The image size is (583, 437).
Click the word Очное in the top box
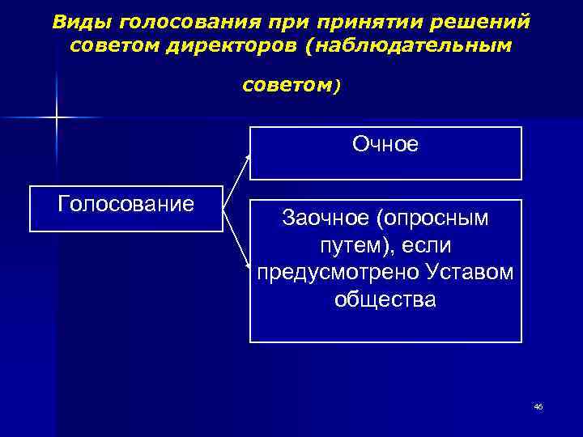click(x=385, y=144)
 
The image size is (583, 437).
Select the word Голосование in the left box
click(x=126, y=202)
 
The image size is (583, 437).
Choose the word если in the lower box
click(x=428, y=244)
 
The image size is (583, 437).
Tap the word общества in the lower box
click(x=385, y=299)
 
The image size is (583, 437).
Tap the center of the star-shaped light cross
click(x=57, y=118)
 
